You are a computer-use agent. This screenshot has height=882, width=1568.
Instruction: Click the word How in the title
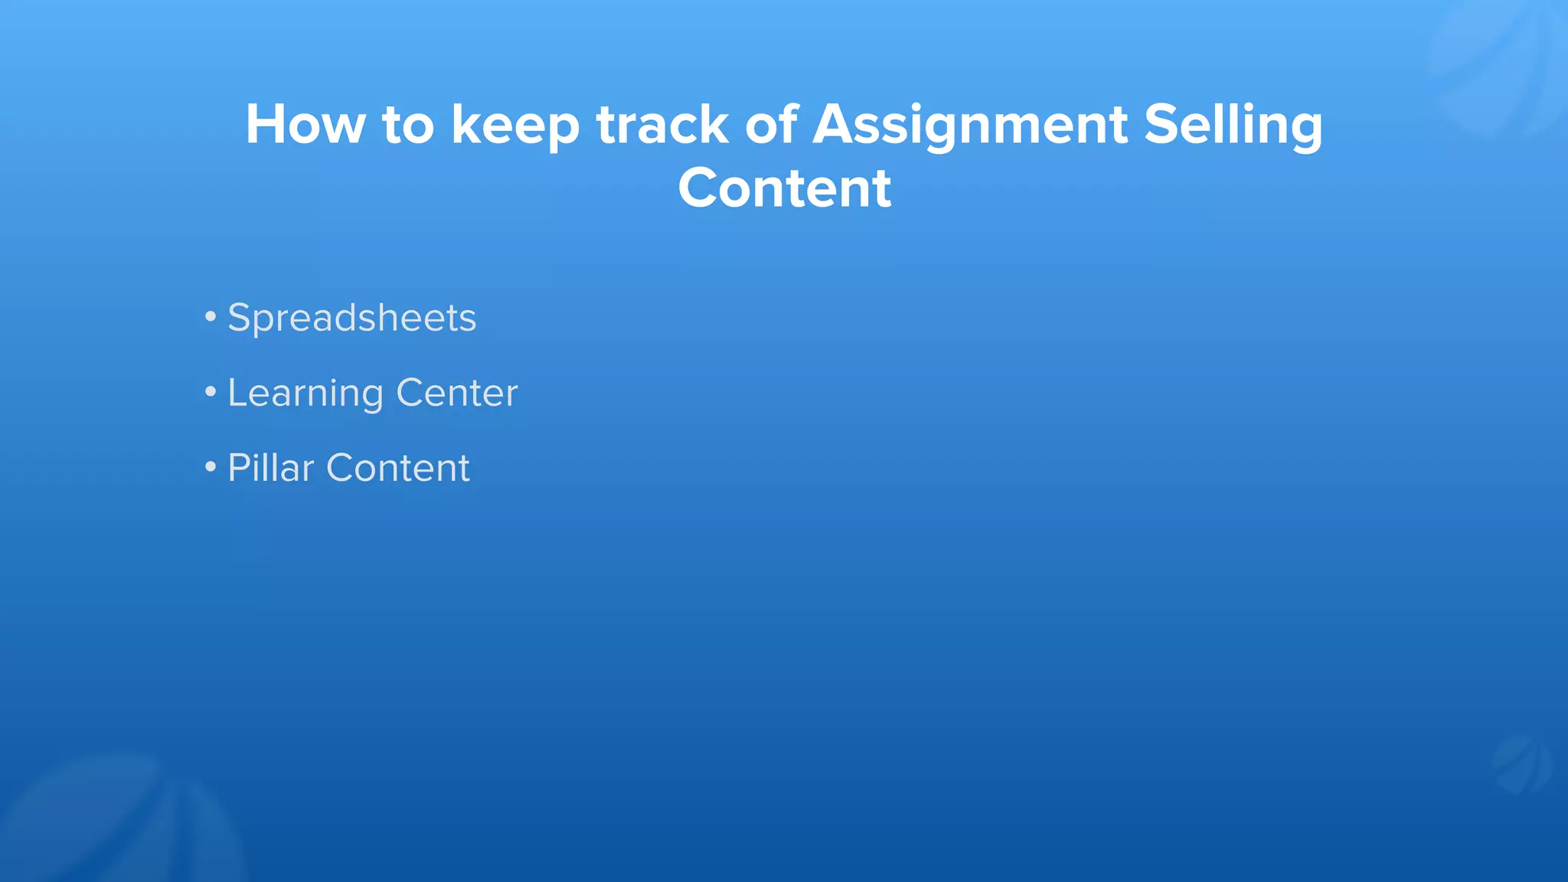(x=305, y=125)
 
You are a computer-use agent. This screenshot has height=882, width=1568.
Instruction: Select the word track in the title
(x=662, y=125)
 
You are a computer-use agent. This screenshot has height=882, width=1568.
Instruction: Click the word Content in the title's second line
(x=784, y=188)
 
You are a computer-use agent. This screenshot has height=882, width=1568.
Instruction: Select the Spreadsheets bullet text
(x=351, y=318)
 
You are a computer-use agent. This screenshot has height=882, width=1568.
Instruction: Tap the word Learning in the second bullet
(x=305, y=394)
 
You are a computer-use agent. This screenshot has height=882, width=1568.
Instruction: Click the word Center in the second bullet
(x=456, y=393)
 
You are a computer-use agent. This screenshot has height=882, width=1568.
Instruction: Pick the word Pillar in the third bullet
(x=270, y=468)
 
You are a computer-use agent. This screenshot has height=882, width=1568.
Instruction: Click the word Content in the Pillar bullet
(x=397, y=468)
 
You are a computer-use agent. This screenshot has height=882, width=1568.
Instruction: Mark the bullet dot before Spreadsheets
(x=211, y=316)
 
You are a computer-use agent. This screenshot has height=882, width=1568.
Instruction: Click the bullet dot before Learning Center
(x=211, y=392)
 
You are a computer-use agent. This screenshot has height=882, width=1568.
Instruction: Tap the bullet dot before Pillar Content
(x=211, y=466)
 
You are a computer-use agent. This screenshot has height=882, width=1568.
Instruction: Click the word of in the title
(x=771, y=125)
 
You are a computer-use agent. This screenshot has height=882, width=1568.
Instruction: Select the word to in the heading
(x=408, y=125)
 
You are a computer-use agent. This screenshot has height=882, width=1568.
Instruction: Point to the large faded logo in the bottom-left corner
(x=115, y=823)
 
